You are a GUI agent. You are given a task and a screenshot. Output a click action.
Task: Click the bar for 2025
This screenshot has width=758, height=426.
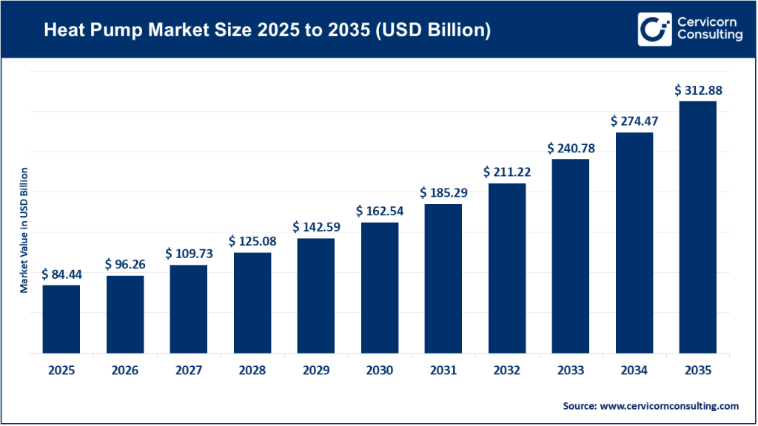pos(61,319)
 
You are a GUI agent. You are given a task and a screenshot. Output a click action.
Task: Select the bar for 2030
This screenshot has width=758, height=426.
pos(380,288)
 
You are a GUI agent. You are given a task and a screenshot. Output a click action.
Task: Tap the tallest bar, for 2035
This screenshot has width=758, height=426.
pos(698,227)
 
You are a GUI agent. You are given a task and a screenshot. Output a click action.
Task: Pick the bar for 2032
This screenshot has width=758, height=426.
pos(507,268)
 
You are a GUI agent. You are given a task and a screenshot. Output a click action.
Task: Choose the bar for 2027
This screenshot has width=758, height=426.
pos(189,308)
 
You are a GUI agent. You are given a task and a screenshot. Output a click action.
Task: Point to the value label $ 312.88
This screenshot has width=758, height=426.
pos(698,90)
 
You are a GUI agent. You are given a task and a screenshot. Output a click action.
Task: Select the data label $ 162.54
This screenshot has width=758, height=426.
pos(380,212)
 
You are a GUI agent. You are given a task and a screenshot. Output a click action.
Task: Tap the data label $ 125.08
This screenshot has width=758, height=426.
pos(252,242)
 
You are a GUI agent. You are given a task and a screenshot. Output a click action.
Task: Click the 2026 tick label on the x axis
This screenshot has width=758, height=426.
pos(124,370)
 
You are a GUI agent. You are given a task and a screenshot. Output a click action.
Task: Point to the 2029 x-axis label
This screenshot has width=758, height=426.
pos(316,370)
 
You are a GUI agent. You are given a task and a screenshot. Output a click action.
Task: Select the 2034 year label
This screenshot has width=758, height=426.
pos(634,370)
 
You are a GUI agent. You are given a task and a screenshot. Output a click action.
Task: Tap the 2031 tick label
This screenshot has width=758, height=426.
pos(443,370)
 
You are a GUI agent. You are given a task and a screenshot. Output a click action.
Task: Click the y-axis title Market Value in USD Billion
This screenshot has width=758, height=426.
pos(24,230)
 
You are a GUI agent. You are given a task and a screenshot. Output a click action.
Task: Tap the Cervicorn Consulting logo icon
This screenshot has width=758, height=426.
pos(654,29)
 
